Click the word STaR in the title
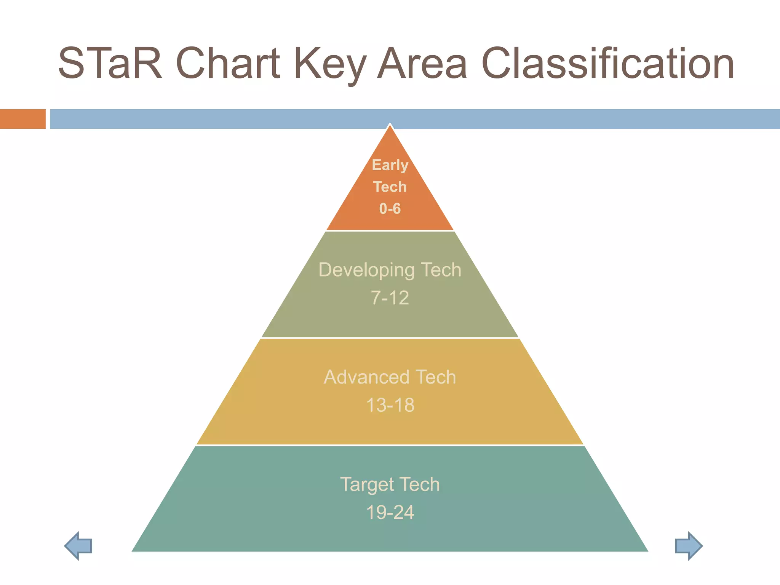110,63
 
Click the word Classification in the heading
608,63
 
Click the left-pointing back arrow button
78,545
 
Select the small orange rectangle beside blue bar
22,119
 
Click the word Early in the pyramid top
390,165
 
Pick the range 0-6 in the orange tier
390,209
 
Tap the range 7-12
390,298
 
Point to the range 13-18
390,405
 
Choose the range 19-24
390,512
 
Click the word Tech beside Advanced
436,377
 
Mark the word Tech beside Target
419,484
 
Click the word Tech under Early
390,187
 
